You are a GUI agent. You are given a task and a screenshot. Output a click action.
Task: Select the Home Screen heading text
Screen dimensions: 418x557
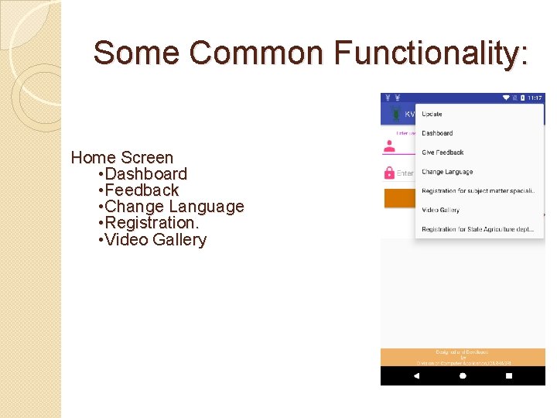click(x=122, y=158)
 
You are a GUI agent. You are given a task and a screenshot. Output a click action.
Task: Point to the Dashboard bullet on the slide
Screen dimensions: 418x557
click(x=145, y=174)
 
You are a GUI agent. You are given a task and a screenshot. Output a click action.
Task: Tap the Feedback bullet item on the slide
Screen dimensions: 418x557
click(x=142, y=190)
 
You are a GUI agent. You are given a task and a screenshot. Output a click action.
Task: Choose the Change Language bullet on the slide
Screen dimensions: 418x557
click(x=174, y=207)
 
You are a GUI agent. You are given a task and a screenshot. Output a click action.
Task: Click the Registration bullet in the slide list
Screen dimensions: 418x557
click(x=152, y=223)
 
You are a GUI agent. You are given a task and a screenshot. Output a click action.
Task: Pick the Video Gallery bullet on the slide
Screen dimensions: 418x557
click(x=155, y=240)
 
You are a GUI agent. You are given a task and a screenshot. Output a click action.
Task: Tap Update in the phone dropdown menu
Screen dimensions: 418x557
click(x=432, y=114)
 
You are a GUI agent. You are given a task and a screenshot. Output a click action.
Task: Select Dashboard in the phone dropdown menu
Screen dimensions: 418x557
click(x=437, y=133)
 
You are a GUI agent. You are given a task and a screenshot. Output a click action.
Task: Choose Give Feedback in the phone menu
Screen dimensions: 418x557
click(x=443, y=152)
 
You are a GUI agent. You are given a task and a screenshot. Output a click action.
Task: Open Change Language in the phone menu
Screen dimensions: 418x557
click(x=447, y=172)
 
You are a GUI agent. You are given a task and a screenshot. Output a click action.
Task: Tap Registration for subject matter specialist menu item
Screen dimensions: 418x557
click(x=478, y=191)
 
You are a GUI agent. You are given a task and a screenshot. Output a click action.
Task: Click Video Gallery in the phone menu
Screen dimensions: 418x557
click(x=440, y=210)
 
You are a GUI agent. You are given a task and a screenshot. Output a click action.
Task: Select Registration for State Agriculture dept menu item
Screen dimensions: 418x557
click(x=478, y=229)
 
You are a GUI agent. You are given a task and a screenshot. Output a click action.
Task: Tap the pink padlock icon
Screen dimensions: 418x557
click(x=389, y=173)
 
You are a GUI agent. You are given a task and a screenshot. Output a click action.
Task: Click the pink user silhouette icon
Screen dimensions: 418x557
click(x=389, y=146)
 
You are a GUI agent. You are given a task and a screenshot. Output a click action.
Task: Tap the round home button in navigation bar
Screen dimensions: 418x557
click(x=463, y=375)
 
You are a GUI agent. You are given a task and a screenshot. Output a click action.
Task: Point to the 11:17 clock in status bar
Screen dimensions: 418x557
click(x=535, y=98)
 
